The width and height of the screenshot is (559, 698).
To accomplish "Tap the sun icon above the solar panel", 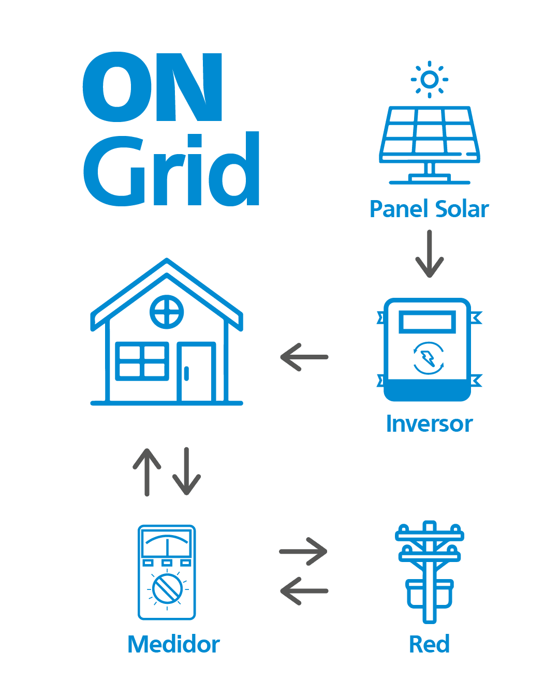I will point(429,80).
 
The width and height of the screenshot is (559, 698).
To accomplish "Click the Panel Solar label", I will point(429,209).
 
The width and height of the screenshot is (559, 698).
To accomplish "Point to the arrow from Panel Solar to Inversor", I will point(430,254).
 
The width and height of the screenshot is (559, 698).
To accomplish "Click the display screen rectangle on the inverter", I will point(427,322).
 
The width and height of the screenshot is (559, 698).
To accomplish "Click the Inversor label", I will point(429,424).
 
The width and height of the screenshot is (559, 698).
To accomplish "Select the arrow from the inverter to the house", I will point(304,357).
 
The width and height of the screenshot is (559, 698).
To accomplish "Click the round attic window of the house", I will point(167,312).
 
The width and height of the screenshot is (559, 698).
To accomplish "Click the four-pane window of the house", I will point(141,361).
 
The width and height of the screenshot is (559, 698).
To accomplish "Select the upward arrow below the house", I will point(147,471).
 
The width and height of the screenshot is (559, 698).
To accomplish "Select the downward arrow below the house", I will point(186,471).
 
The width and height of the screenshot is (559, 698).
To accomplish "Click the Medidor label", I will point(174,645).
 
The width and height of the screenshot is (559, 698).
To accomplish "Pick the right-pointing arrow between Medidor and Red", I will point(303,552).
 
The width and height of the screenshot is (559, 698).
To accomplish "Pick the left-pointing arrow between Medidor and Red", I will point(304,591).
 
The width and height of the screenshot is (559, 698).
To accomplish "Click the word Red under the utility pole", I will point(429,644).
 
